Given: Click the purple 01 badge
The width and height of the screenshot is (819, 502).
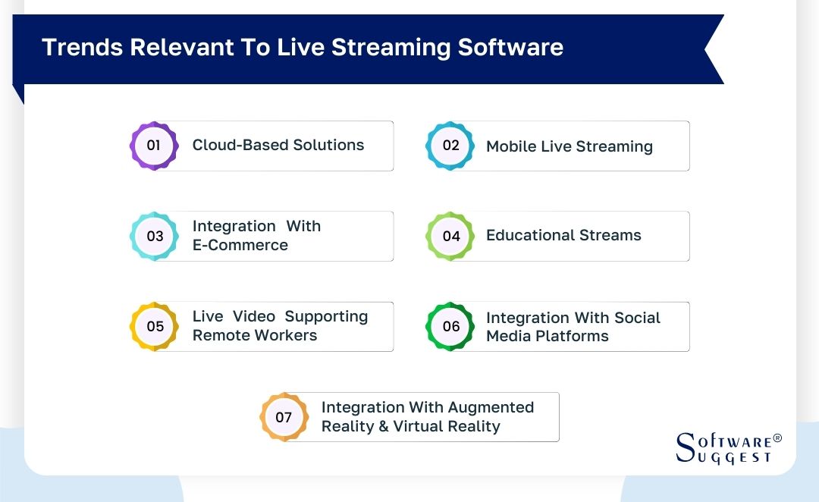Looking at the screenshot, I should pyautogui.click(x=154, y=145).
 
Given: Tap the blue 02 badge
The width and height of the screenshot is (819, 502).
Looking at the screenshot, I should pyautogui.click(x=450, y=145).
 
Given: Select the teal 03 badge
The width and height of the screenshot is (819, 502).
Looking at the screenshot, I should pyautogui.click(x=155, y=236).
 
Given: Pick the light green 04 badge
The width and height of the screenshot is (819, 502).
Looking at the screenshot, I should pyautogui.click(x=450, y=236).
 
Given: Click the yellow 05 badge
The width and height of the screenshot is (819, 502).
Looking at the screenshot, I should pyautogui.click(x=155, y=326).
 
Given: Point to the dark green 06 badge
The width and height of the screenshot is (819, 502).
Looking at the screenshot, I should pyautogui.click(x=450, y=326).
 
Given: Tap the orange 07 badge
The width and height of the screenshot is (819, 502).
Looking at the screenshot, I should pyautogui.click(x=284, y=417).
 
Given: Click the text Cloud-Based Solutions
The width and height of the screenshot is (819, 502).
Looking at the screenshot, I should pyautogui.click(x=278, y=145).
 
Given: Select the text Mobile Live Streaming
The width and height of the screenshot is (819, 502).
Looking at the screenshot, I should pyautogui.click(x=570, y=146).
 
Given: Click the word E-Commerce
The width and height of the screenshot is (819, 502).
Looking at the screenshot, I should pyautogui.click(x=240, y=245).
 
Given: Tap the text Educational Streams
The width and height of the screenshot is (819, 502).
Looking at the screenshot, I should pyautogui.click(x=563, y=235).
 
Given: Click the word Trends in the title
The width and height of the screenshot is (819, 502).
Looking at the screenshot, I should pyautogui.click(x=82, y=47).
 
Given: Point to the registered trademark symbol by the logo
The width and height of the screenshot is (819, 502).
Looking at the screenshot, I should pyautogui.click(x=777, y=439).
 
